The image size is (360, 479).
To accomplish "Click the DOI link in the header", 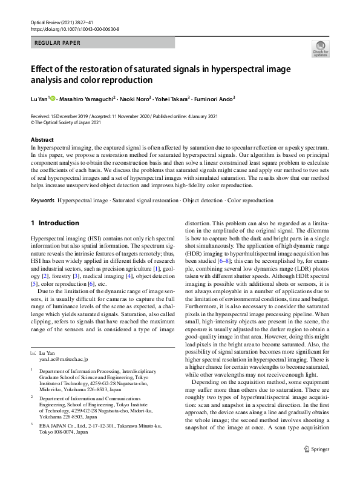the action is click(x=74, y=28).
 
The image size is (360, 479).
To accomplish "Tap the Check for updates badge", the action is click(x=320, y=48).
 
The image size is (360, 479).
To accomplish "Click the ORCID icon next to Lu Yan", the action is click(x=53, y=99).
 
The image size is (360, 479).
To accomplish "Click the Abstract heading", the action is click(x=42, y=140).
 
